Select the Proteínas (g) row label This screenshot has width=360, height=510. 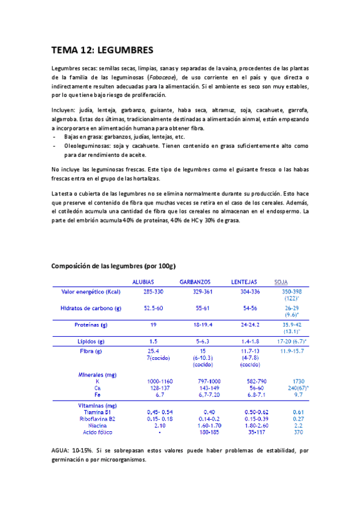pos(91,325)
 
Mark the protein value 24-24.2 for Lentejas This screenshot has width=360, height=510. pos(250,325)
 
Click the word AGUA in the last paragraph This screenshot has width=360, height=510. pos(61,466)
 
